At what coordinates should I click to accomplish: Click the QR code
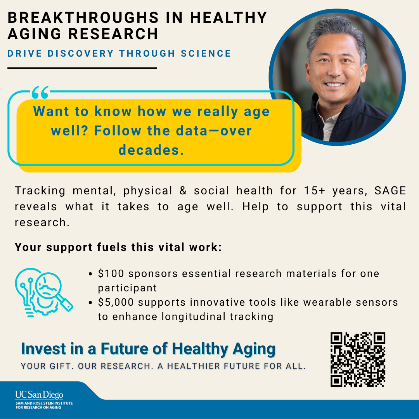358,360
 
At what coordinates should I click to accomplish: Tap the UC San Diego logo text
39,395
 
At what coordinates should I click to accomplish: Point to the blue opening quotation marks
40,93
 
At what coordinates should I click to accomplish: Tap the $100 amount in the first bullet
111,274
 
